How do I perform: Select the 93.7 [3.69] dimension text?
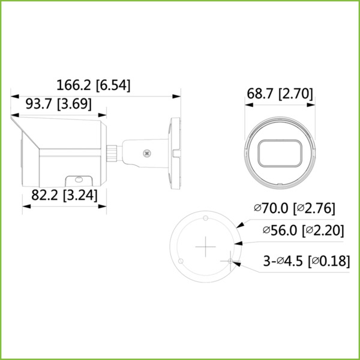(x=58, y=104)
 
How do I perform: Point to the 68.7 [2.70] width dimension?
(x=280, y=93)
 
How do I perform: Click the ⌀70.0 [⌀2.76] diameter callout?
(x=294, y=208)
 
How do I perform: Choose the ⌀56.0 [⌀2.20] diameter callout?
(x=302, y=230)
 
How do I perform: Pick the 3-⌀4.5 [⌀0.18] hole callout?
(x=307, y=261)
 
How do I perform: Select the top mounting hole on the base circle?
(x=205, y=217)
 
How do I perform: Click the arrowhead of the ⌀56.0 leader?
(x=237, y=243)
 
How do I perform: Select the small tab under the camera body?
(x=76, y=178)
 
